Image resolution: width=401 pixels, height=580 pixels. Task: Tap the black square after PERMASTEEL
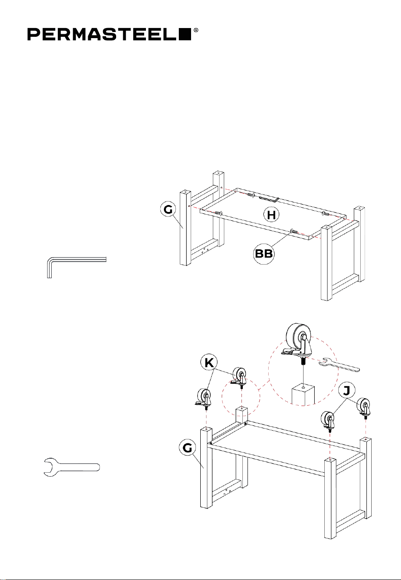185,34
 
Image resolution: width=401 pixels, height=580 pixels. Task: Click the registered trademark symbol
196,30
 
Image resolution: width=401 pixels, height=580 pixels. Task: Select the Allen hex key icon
77,267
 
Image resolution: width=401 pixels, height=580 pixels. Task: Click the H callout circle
271,215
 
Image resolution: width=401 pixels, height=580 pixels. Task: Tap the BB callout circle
264,254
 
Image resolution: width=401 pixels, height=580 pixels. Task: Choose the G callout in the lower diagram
188,448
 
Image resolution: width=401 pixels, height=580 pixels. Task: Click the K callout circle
209,363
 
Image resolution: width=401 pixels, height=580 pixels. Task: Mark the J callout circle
347,391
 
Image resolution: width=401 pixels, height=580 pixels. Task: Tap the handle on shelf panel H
269,199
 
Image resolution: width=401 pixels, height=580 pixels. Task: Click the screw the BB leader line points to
294,231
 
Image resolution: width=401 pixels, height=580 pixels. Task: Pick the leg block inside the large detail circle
303,395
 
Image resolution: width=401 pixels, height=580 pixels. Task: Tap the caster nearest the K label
238,378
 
